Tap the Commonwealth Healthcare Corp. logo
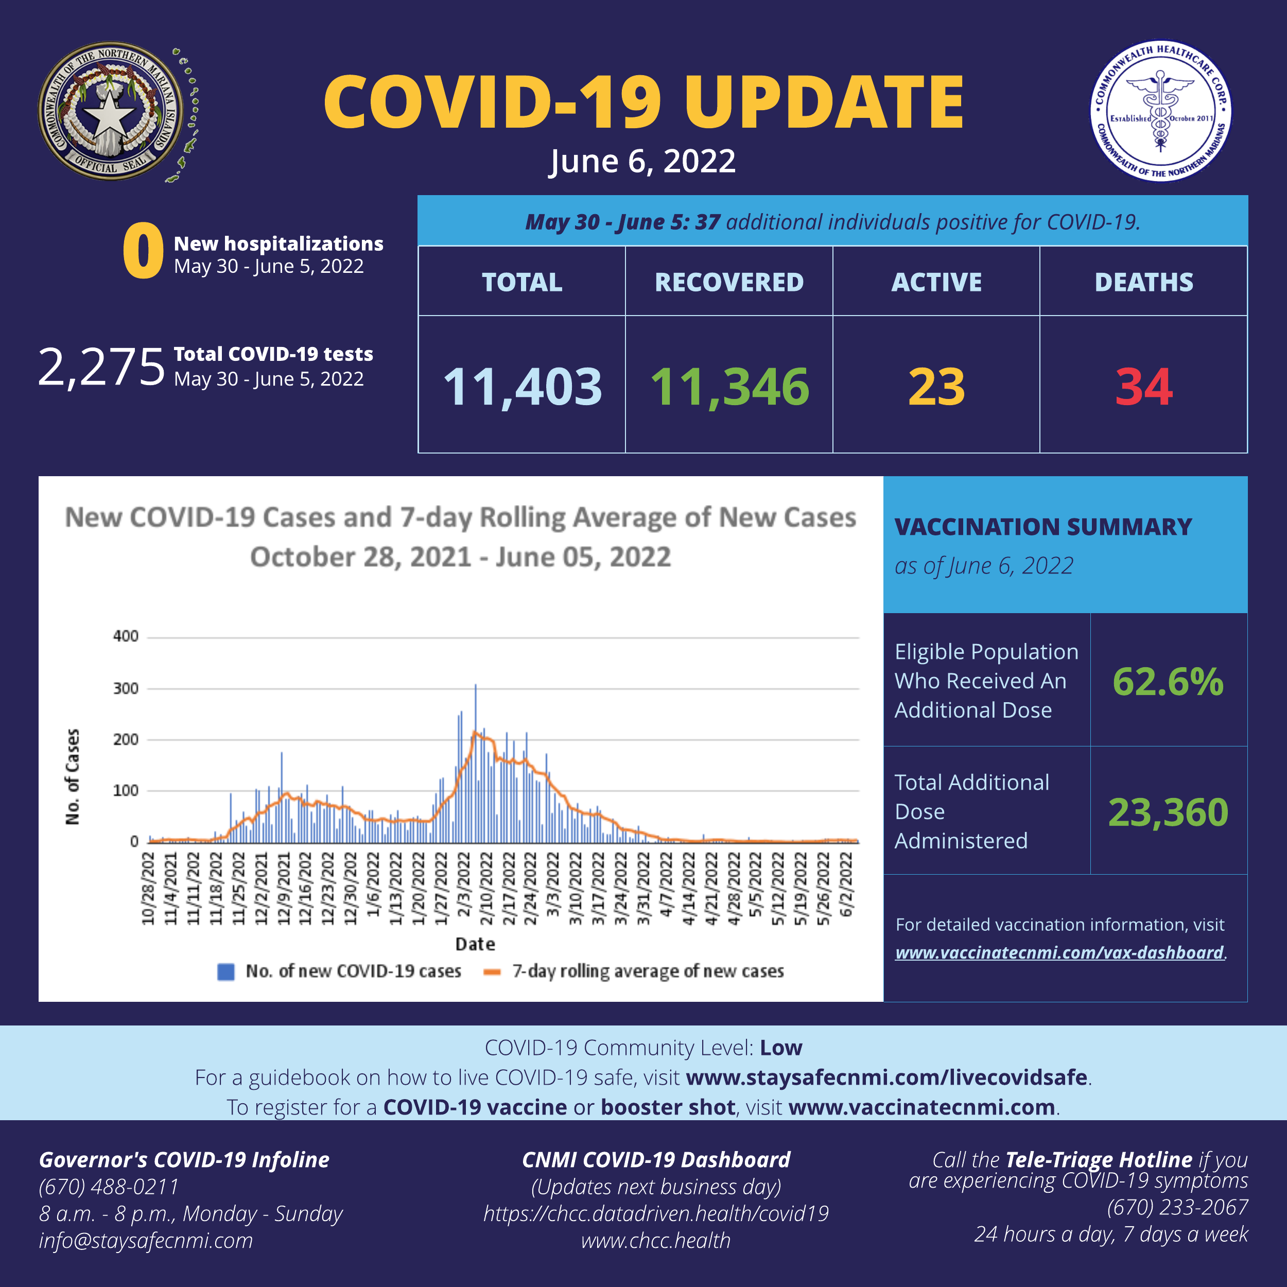pos(1160,111)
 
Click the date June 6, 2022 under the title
pos(643,161)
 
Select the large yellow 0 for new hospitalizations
pos(143,251)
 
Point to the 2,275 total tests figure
pos(101,367)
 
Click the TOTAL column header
pos(522,283)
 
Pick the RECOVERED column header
pos(729,283)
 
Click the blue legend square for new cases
pos(226,971)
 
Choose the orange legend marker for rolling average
pos(492,971)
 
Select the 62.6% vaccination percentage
pos(1168,682)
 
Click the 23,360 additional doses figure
pos(1168,812)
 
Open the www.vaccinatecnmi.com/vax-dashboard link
pos(1059,952)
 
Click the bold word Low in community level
pos(781,1048)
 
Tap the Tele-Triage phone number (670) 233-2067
pos(1177,1207)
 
